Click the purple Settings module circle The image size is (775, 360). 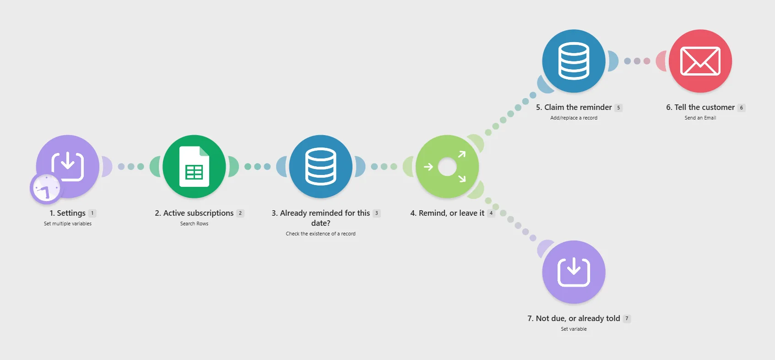coord(68,167)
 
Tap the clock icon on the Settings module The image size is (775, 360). coord(46,188)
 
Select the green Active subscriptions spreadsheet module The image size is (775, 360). coord(194,167)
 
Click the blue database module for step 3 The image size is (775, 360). coord(321,167)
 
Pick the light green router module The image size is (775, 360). coord(447,167)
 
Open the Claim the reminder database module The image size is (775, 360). coord(574,61)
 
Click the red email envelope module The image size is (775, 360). coord(700,61)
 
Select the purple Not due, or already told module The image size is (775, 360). coord(574,272)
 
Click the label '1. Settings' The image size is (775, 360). coord(67,213)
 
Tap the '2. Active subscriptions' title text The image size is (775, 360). coord(194,213)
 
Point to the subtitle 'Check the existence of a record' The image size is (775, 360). coord(321,234)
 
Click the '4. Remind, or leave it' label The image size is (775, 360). coord(447,213)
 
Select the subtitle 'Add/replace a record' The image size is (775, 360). coord(574,118)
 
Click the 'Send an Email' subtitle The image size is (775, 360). coord(700,118)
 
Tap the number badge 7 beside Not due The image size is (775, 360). coord(627,318)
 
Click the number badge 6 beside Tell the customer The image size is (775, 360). coord(741,108)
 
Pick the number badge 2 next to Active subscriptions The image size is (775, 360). coord(240,213)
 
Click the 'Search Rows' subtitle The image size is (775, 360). coord(194,224)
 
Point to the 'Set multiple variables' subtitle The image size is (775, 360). coord(68,224)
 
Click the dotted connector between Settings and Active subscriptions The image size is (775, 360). coord(131,167)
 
